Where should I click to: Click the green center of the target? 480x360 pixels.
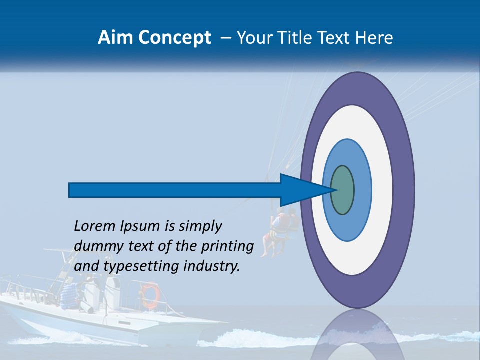tap(342, 190)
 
